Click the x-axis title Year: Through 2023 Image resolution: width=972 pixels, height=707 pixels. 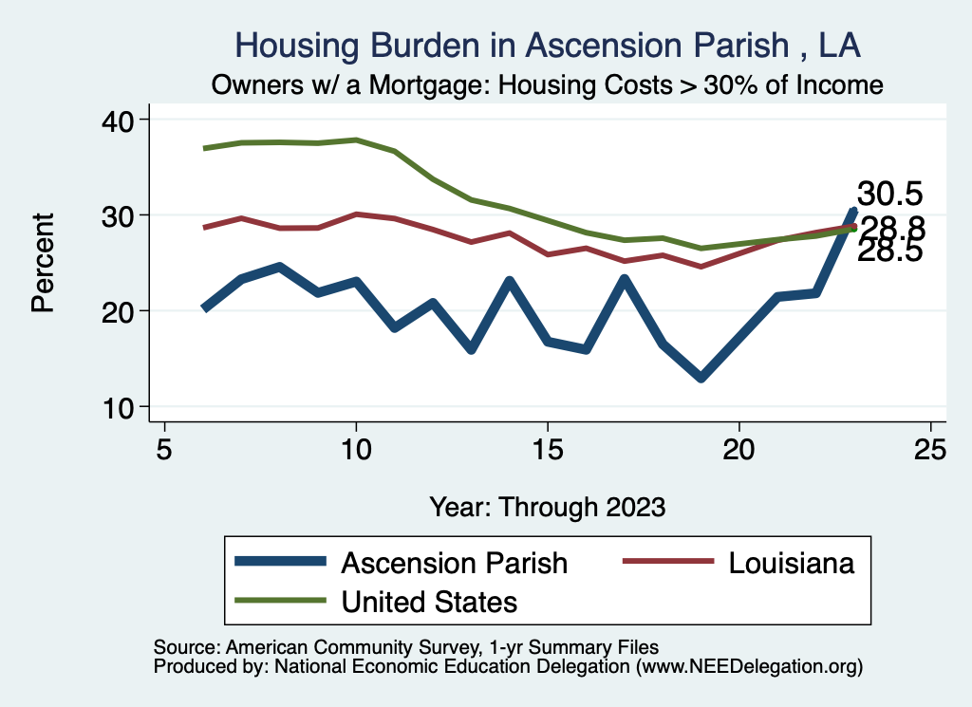click(547, 506)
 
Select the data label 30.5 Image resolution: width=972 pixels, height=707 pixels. click(889, 194)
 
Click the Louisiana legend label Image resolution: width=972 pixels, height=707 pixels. click(792, 563)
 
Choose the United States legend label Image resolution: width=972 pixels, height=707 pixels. click(429, 601)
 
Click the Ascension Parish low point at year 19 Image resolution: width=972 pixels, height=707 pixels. click(701, 378)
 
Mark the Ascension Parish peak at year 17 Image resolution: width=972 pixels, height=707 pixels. click(624, 279)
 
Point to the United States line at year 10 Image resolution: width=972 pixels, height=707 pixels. click(356, 140)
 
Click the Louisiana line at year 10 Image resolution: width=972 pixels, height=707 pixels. click(356, 214)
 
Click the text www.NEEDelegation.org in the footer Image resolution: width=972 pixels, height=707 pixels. click(749, 666)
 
